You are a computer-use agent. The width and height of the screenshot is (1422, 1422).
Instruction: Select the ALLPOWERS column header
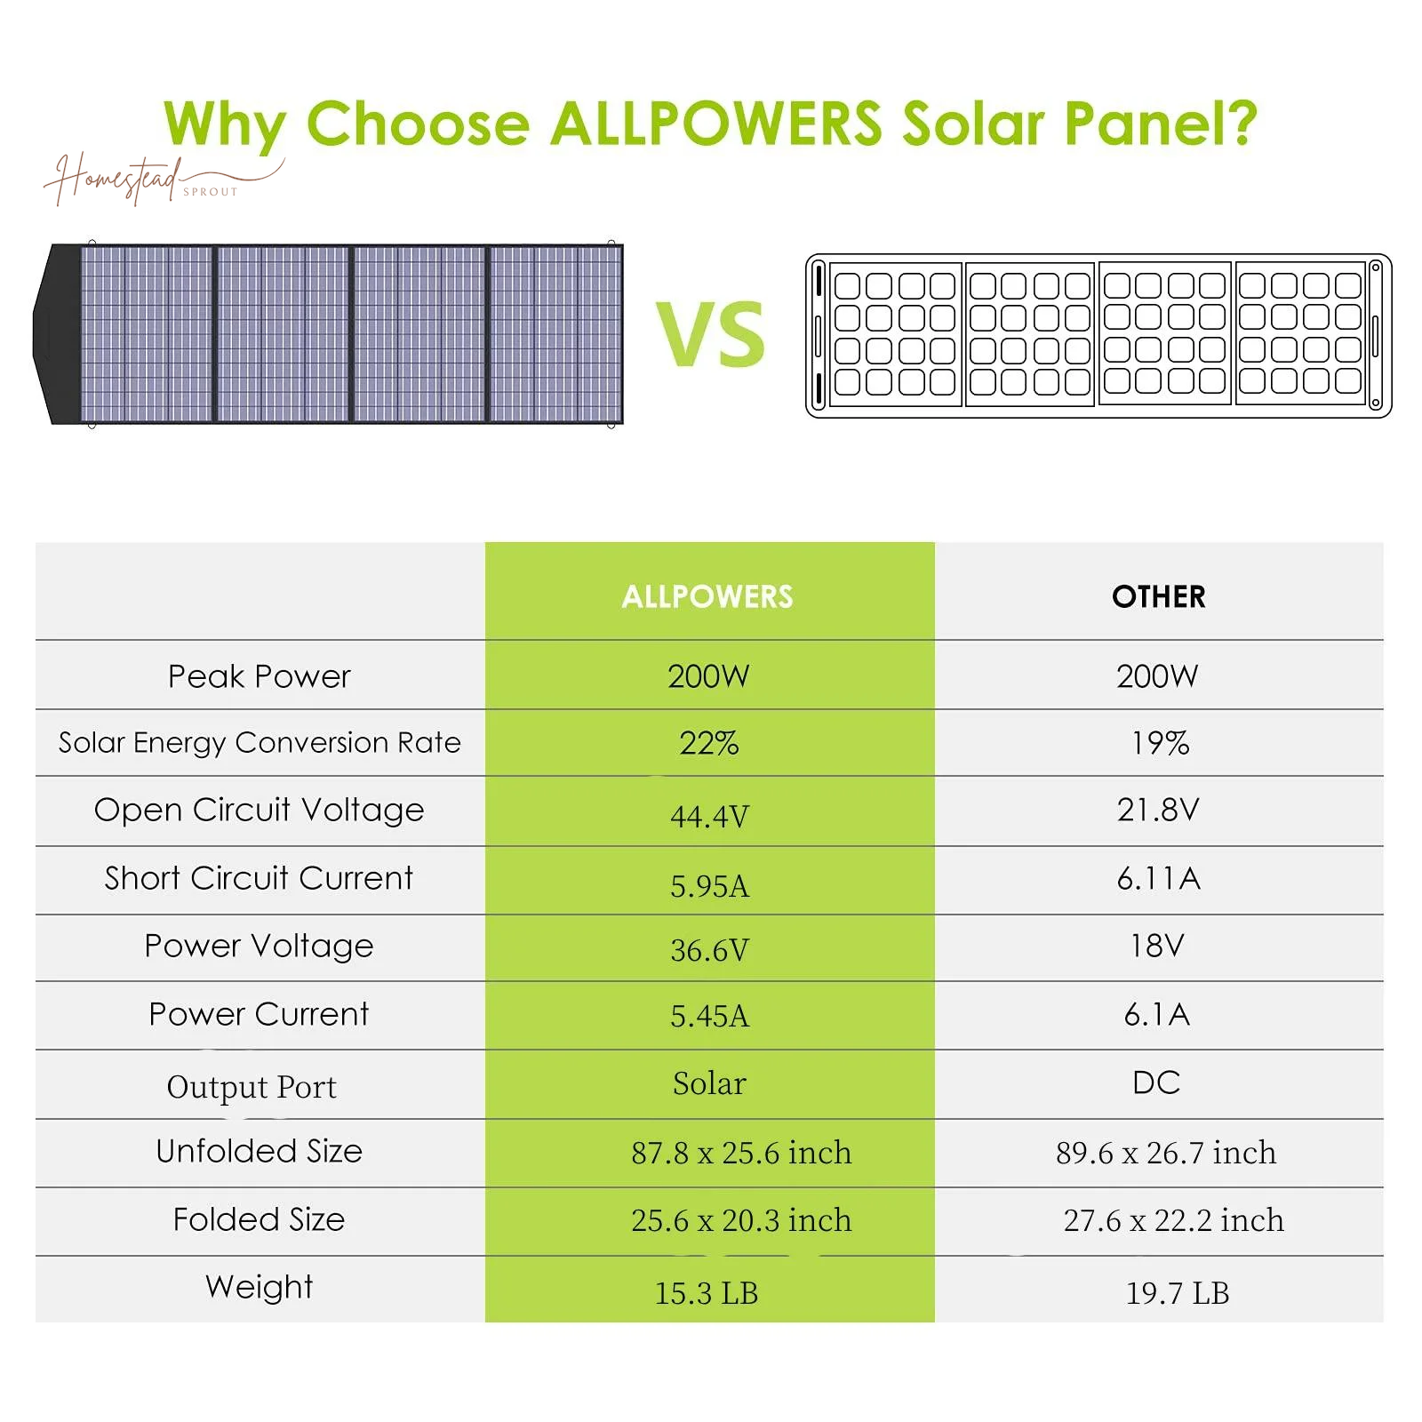coord(707,596)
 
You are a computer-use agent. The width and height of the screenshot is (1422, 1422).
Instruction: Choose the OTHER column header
coord(1158,596)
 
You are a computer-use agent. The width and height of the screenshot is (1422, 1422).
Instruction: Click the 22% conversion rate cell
coord(708,743)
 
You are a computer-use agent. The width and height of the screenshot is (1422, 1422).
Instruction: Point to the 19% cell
coord(1159,743)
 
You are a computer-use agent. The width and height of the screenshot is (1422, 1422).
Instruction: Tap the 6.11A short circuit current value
coord(1158,879)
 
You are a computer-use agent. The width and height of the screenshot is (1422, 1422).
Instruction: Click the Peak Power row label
coord(260,676)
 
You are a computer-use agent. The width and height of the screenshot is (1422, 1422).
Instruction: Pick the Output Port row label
coord(252,1087)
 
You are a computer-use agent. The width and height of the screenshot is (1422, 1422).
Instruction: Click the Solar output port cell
coord(709,1083)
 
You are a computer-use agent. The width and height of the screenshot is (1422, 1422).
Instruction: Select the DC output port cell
coord(1156,1082)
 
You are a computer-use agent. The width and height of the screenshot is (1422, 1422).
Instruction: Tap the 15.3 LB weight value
coord(707,1293)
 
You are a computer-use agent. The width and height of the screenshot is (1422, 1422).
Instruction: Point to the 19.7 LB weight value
coord(1178,1293)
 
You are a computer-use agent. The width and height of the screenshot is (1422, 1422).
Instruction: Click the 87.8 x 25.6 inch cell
coord(741,1153)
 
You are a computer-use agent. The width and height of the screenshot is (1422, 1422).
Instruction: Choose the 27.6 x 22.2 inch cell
coord(1173,1220)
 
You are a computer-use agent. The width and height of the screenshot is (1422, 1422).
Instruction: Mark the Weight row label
coord(260,1287)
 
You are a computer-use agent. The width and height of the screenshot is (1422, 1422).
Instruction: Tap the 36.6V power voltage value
coord(709,950)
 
